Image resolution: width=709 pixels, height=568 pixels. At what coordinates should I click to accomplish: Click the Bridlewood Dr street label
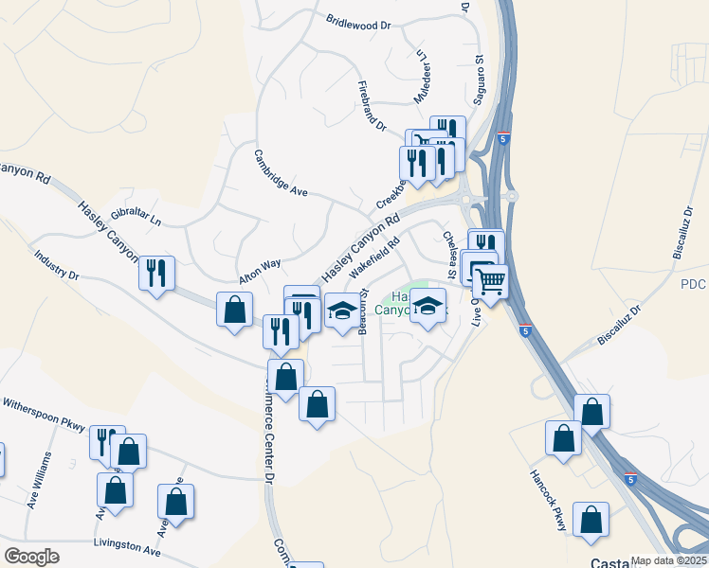358,20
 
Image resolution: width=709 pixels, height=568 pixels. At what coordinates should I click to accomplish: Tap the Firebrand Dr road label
373,105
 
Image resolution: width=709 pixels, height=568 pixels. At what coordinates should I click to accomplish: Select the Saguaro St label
480,73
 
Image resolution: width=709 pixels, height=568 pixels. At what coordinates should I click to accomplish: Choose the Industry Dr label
56,264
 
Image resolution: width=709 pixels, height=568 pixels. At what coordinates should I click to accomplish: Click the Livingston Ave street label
127,546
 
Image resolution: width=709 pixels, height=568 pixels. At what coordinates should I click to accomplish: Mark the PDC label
694,284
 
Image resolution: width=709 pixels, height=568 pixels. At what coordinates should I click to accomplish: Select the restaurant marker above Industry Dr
156,273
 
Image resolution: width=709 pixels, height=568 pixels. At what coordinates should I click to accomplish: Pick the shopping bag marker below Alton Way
234,309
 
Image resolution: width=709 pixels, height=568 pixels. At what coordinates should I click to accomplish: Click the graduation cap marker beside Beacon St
341,311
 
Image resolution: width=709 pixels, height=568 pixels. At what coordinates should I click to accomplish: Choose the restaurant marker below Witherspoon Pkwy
107,442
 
